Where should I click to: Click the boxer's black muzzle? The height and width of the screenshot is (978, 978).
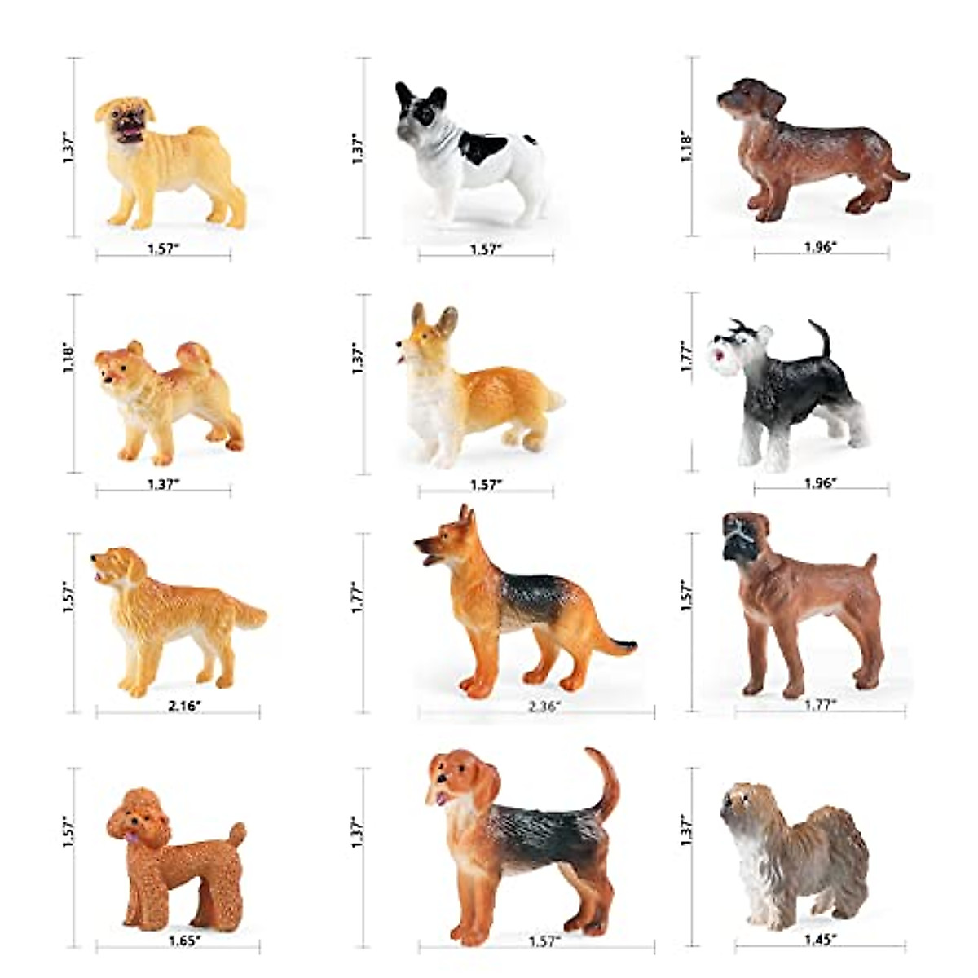[735, 546]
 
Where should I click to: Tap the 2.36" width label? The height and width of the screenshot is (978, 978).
[544, 707]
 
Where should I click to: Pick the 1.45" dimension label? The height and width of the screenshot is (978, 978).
[820, 940]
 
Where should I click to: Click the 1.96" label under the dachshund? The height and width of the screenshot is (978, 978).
[820, 246]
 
